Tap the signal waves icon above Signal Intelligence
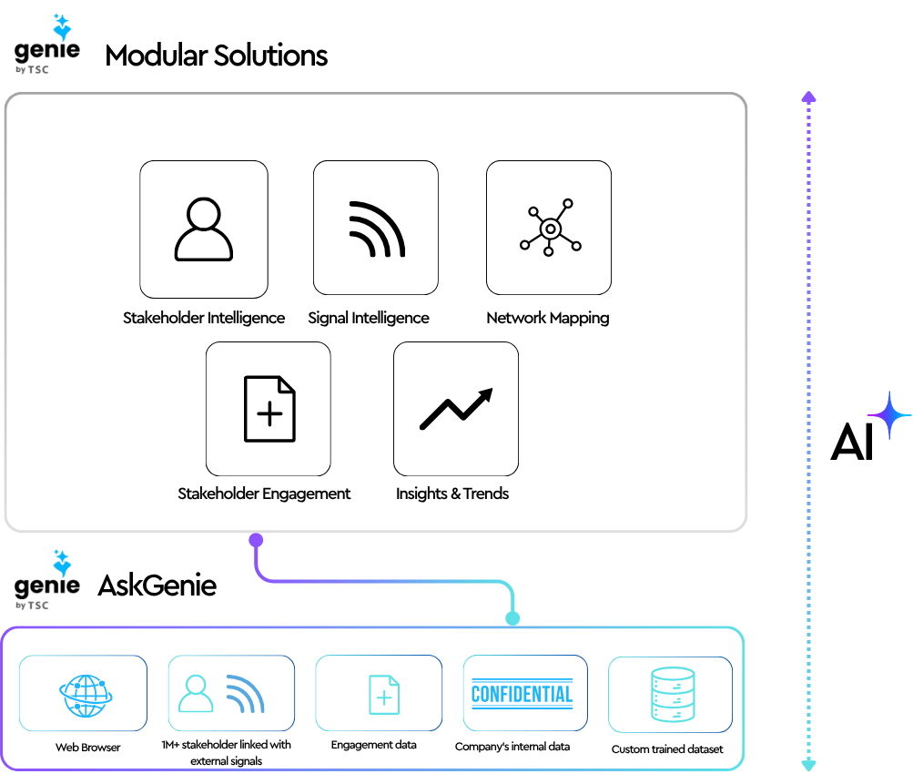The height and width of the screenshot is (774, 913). (377, 229)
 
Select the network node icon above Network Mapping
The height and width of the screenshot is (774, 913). (550, 228)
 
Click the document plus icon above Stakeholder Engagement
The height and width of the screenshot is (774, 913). (269, 410)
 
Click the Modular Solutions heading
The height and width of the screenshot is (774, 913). (217, 56)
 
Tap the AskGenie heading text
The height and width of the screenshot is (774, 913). (157, 585)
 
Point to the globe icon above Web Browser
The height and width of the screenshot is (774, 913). (84, 697)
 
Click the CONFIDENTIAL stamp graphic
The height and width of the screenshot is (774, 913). (522, 695)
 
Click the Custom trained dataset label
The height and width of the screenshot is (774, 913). (668, 749)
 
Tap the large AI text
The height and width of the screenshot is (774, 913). (852, 443)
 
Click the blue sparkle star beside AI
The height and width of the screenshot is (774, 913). (889, 415)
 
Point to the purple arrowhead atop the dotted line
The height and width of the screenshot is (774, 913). (808, 97)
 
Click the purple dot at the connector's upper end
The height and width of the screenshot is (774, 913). (256, 540)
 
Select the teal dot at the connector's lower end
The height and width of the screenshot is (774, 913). (512, 618)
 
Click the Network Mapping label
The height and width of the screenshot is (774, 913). (548, 318)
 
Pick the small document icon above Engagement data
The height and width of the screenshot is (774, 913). (383, 695)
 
